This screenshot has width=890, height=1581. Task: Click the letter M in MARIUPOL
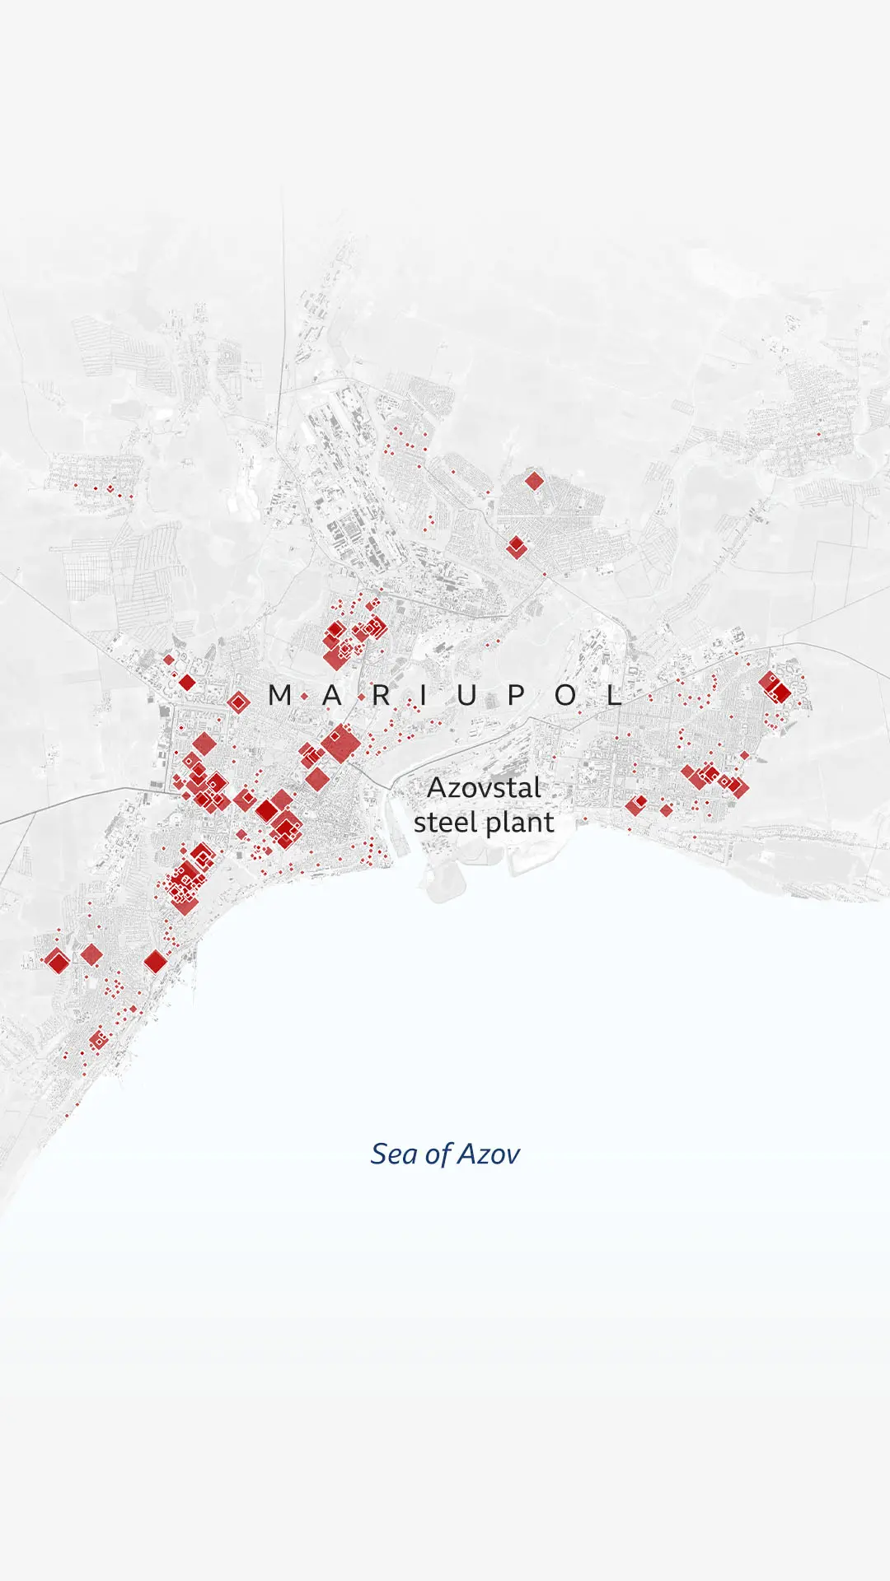[280, 695]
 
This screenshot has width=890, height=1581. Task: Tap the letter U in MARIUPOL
[466, 695]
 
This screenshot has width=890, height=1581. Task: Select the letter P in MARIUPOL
[516, 695]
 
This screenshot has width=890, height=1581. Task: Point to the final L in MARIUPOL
[614, 695]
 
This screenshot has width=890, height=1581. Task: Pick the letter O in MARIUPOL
[565, 695]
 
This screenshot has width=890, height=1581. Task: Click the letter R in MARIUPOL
[381, 695]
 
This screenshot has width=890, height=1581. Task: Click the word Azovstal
[484, 788]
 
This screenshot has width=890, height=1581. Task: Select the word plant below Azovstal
[520, 823]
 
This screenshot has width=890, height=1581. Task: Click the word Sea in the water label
[394, 1154]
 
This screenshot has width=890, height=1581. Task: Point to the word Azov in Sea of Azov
[489, 1154]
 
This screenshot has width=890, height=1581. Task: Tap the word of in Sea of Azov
[437, 1154]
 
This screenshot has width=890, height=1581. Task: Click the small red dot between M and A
[305, 697]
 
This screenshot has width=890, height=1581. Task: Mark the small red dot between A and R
[361, 697]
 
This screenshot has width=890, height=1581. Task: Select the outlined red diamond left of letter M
[238, 702]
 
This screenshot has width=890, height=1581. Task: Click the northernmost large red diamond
[534, 481]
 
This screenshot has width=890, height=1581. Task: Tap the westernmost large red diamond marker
[57, 960]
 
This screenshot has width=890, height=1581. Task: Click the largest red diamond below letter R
[340, 744]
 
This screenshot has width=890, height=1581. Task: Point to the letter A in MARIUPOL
[331, 695]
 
